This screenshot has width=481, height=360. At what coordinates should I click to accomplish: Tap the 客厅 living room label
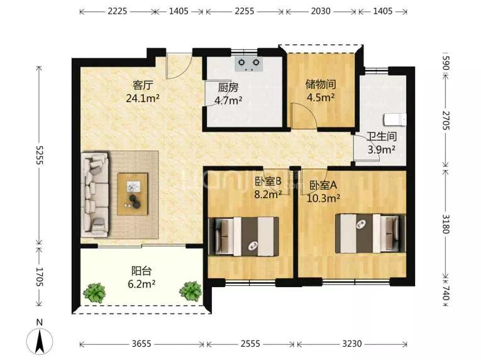coord(143,85)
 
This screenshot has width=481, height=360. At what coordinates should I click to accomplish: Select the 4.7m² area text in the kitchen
coord(228,100)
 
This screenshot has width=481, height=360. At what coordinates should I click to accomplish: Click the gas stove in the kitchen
coord(249,64)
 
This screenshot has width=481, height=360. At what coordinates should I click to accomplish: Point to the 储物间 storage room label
coord(321,84)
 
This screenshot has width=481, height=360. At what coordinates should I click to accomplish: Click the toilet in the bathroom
coord(395,120)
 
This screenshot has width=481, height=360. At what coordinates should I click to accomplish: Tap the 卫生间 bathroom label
coord(382,136)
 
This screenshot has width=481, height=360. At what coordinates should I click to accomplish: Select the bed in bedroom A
coord(370,233)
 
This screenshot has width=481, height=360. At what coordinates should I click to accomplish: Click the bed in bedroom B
coord(244,237)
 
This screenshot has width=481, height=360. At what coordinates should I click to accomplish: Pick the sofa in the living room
coord(95,194)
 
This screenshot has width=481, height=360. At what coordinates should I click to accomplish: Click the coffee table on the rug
coord(133,194)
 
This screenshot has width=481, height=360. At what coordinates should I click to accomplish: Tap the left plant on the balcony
coord(94,293)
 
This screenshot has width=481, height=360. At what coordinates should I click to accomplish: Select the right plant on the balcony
coord(191,291)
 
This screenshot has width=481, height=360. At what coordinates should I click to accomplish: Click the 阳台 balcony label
coord(141,271)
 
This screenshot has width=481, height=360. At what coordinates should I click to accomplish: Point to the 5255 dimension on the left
coord(39,155)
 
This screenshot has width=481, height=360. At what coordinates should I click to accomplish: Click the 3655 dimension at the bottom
coord(141,344)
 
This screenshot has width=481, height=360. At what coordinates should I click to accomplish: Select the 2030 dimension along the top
coord(321,11)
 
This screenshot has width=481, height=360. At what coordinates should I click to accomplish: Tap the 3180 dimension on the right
coord(446,223)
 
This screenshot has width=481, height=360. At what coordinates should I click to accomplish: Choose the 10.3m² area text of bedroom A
coord(323,198)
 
